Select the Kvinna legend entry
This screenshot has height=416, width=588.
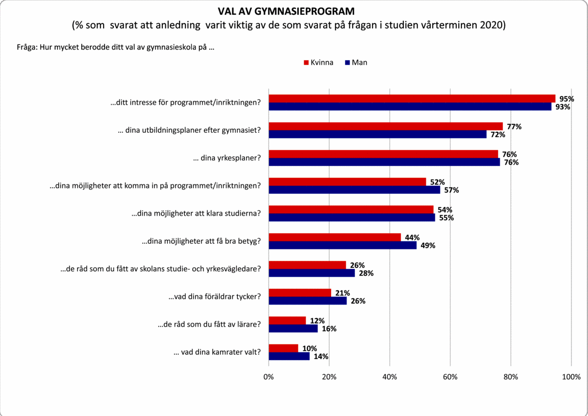318,63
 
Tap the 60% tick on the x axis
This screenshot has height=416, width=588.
450,377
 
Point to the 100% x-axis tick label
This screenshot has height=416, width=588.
571,377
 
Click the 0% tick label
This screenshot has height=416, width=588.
268,377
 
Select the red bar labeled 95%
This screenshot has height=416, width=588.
412,99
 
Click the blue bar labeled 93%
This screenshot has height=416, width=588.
410,107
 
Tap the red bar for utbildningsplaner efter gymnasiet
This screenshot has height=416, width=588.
385,126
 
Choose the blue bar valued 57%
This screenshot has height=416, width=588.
354,190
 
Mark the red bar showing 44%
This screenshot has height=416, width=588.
335,237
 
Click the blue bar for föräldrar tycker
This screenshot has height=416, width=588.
307,301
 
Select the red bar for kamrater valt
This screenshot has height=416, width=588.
283,348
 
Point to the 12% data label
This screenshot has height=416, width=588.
317,320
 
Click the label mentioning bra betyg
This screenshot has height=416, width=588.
201,241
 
